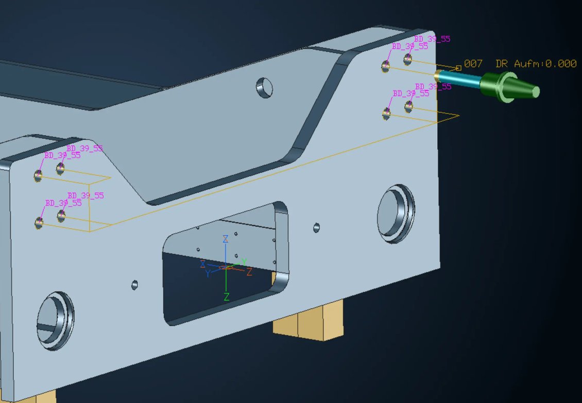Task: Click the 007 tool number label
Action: click(473, 64)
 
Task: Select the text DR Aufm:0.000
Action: click(536, 64)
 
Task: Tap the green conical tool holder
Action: click(507, 87)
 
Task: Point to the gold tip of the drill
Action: click(437, 75)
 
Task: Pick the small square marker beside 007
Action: click(458, 68)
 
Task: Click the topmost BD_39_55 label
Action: click(432, 39)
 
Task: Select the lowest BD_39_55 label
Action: click(63, 203)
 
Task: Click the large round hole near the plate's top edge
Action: click(265, 88)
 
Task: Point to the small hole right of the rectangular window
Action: click(316, 227)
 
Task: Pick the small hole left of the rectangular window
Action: click(135, 284)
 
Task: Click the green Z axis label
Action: click(226, 297)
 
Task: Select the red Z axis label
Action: click(249, 272)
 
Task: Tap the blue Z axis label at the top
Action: click(225, 239)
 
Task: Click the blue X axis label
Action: click(203, 264)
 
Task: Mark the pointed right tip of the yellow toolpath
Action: click(457, 116)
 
